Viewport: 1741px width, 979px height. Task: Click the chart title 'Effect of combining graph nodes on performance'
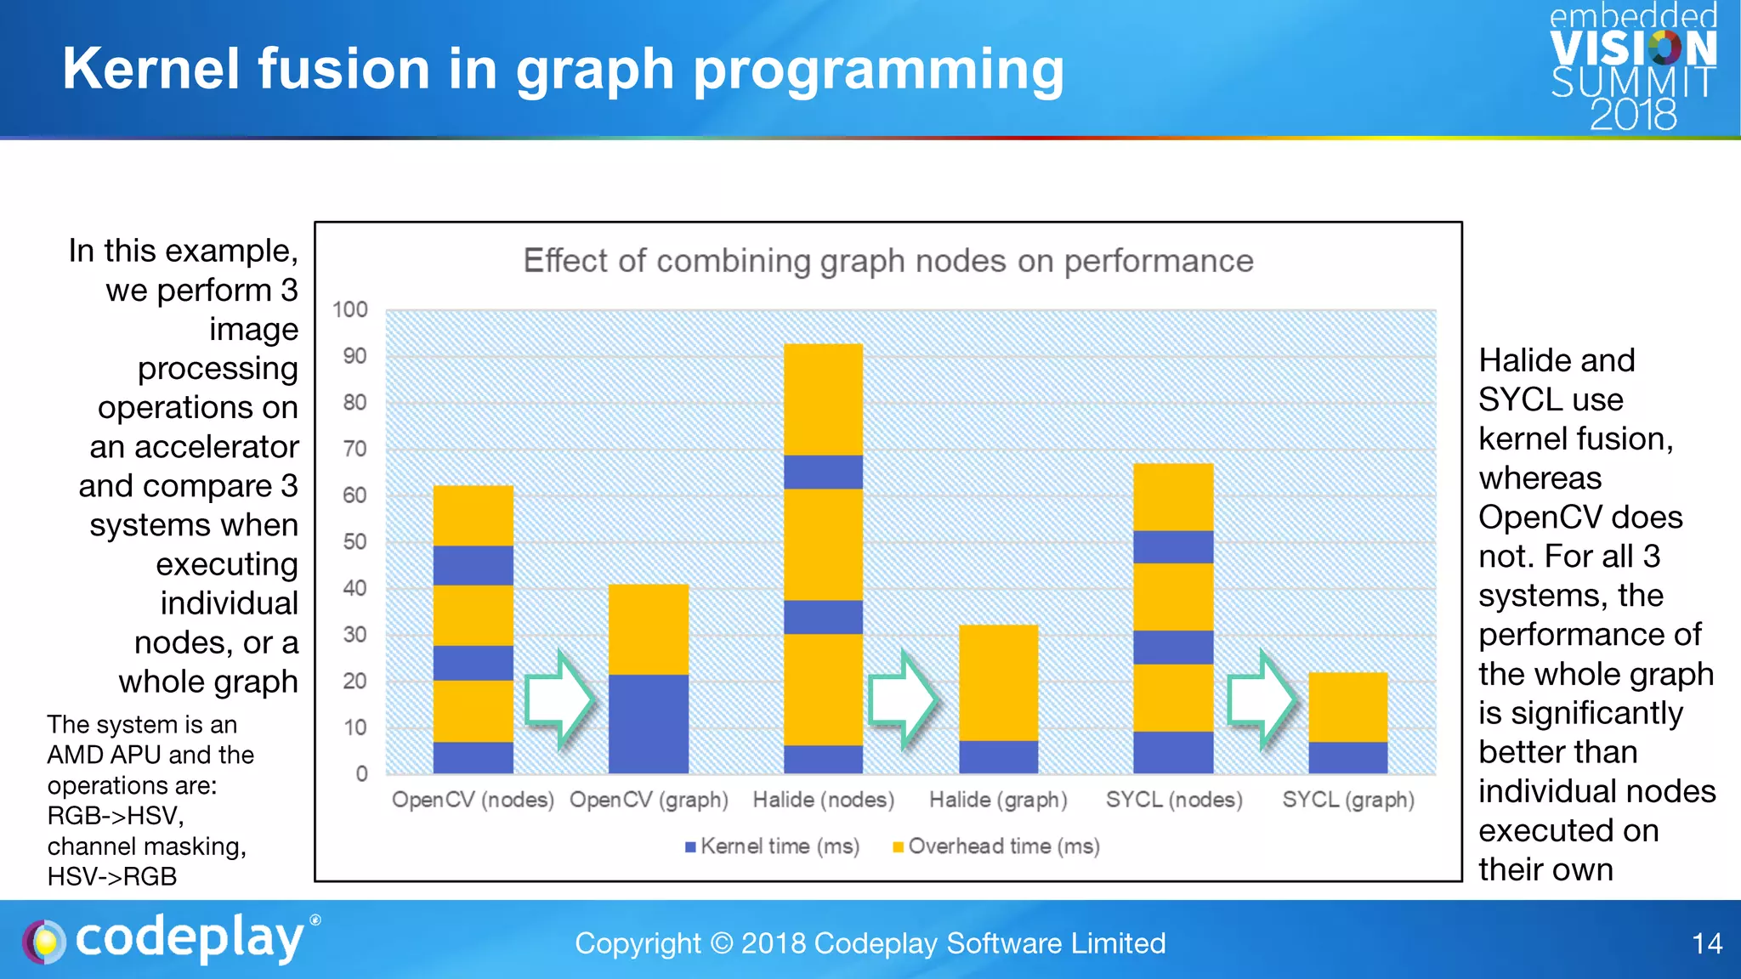pos(888,261)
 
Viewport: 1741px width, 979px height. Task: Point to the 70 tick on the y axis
pos(354,449)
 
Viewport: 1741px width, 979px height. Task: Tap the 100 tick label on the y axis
pos(349,309)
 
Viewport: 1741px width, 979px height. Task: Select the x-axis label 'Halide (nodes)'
pos(823,800)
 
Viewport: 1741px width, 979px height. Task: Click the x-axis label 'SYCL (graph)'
pos(1347,800)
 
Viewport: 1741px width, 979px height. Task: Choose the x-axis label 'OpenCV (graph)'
pos(649,800)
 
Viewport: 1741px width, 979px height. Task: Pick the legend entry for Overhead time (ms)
pos(995,846)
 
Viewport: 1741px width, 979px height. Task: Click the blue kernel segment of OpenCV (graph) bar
pos(649,723)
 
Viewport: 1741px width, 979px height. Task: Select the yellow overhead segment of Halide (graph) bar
pos(998,682)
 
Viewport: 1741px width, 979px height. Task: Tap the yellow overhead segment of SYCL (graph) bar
pos(1347,706)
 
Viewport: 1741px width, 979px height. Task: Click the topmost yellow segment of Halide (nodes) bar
pos(823,399)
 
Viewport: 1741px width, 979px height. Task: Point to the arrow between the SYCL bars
pos(1262,699)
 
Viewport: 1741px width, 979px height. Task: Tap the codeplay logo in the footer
pos(170,940)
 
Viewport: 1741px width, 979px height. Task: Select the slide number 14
pos(1706,943)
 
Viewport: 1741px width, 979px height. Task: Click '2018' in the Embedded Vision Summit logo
pos(1633,115)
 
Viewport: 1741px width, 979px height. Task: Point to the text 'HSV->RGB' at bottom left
pos(112,876)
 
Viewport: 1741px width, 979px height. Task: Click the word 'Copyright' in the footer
pos(638,943)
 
